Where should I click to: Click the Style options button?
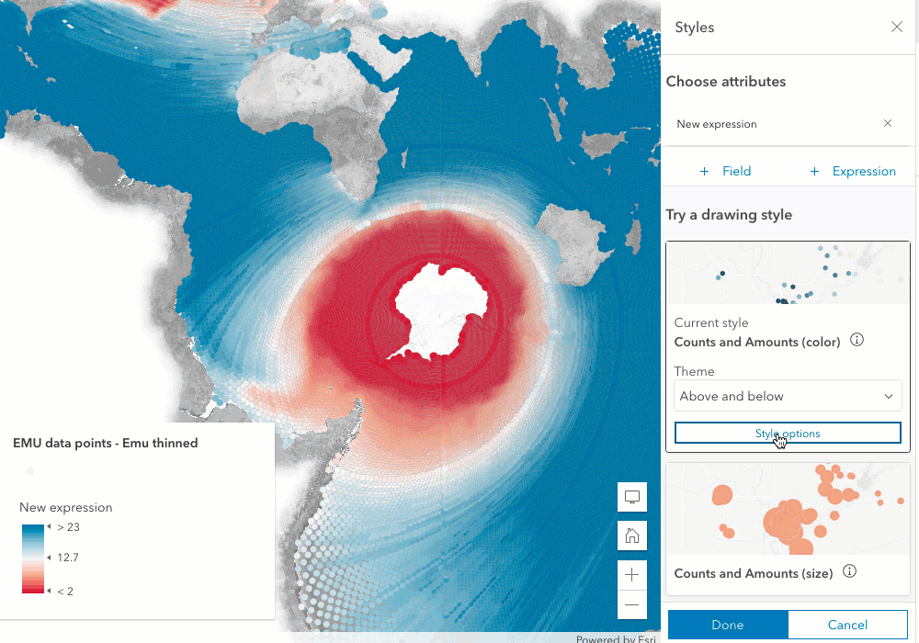coord(788,433)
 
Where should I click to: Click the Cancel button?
coord(847,625)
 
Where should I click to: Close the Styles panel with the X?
coord(897,28)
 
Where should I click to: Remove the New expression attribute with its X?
coord(887,123)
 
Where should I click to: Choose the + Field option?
coord(725,171)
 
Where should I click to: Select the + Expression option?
coord(852,171)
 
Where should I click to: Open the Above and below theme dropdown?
coord(788,396)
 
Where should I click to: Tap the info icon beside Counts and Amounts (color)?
coord(857,341)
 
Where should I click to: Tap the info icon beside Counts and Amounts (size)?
coord(849,572)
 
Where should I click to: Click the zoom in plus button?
coord(632,575)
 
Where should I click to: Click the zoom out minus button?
coord(632,605)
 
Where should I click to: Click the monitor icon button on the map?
coord(632,497)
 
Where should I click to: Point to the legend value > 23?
coord(68,527)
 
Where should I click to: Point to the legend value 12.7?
coord(67,558)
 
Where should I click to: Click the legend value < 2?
coord(65,591)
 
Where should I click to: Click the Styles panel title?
coord(695,28)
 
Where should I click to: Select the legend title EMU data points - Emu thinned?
coord(105,443)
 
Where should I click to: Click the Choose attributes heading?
coord(726,82)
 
